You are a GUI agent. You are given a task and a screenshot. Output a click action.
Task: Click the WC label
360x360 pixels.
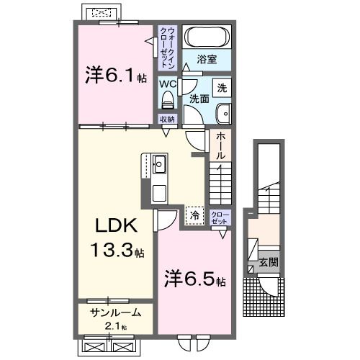pos(167,83)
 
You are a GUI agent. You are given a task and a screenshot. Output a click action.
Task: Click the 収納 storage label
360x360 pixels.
pos(167,120)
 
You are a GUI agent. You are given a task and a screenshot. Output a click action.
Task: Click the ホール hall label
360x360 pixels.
pos(221,145)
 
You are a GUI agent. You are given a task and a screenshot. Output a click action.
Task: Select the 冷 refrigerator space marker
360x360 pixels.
pos(194,214)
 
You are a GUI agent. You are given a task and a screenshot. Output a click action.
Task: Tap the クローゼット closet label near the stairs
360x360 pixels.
pos(220,217)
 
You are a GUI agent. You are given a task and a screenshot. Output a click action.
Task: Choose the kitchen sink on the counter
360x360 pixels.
pos(159,167)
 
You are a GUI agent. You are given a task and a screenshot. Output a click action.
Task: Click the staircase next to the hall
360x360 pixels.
pos(220,184)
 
